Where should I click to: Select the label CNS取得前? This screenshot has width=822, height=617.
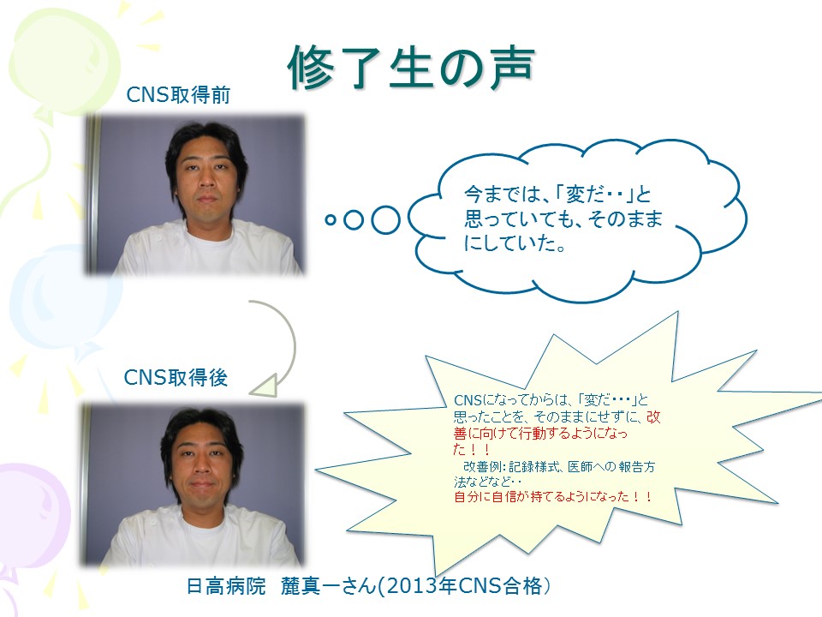tap(178, 95)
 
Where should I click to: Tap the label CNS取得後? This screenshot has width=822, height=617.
tap(176, 377)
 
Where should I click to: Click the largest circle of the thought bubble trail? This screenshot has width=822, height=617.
tap(386, 220)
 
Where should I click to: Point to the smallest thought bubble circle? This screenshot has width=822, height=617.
tap(331, 220)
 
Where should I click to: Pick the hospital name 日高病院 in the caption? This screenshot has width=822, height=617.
tap(226, 586)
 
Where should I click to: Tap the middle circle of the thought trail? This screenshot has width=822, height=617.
tap(354, 220)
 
